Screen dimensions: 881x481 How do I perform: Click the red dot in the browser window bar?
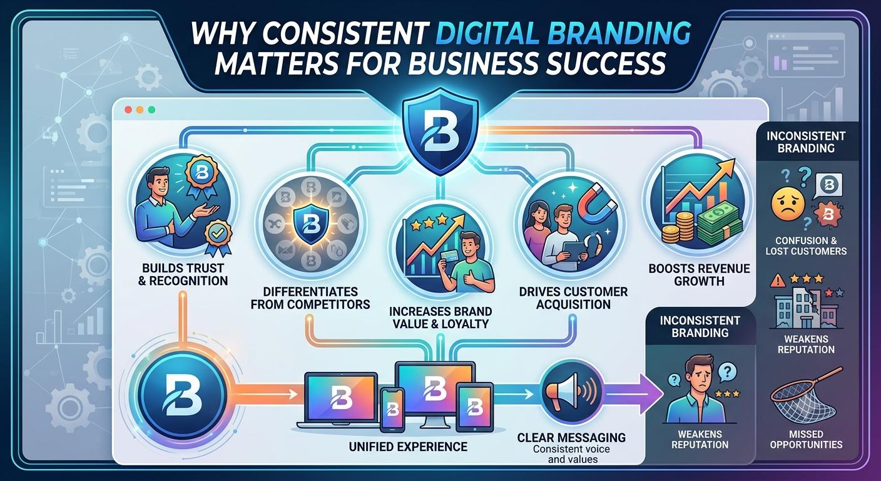128,110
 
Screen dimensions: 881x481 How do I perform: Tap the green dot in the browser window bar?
151,110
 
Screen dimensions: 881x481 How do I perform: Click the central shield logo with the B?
440,130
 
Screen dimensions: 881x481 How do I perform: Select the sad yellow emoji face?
788,204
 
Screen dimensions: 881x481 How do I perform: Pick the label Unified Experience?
408,447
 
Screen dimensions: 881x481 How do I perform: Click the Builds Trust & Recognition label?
183,274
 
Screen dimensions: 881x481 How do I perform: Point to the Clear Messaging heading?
571,437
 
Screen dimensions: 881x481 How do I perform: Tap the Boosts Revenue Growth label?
699,275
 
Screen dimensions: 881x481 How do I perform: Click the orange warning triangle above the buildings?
778,280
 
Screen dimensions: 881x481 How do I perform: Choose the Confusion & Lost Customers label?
806,246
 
